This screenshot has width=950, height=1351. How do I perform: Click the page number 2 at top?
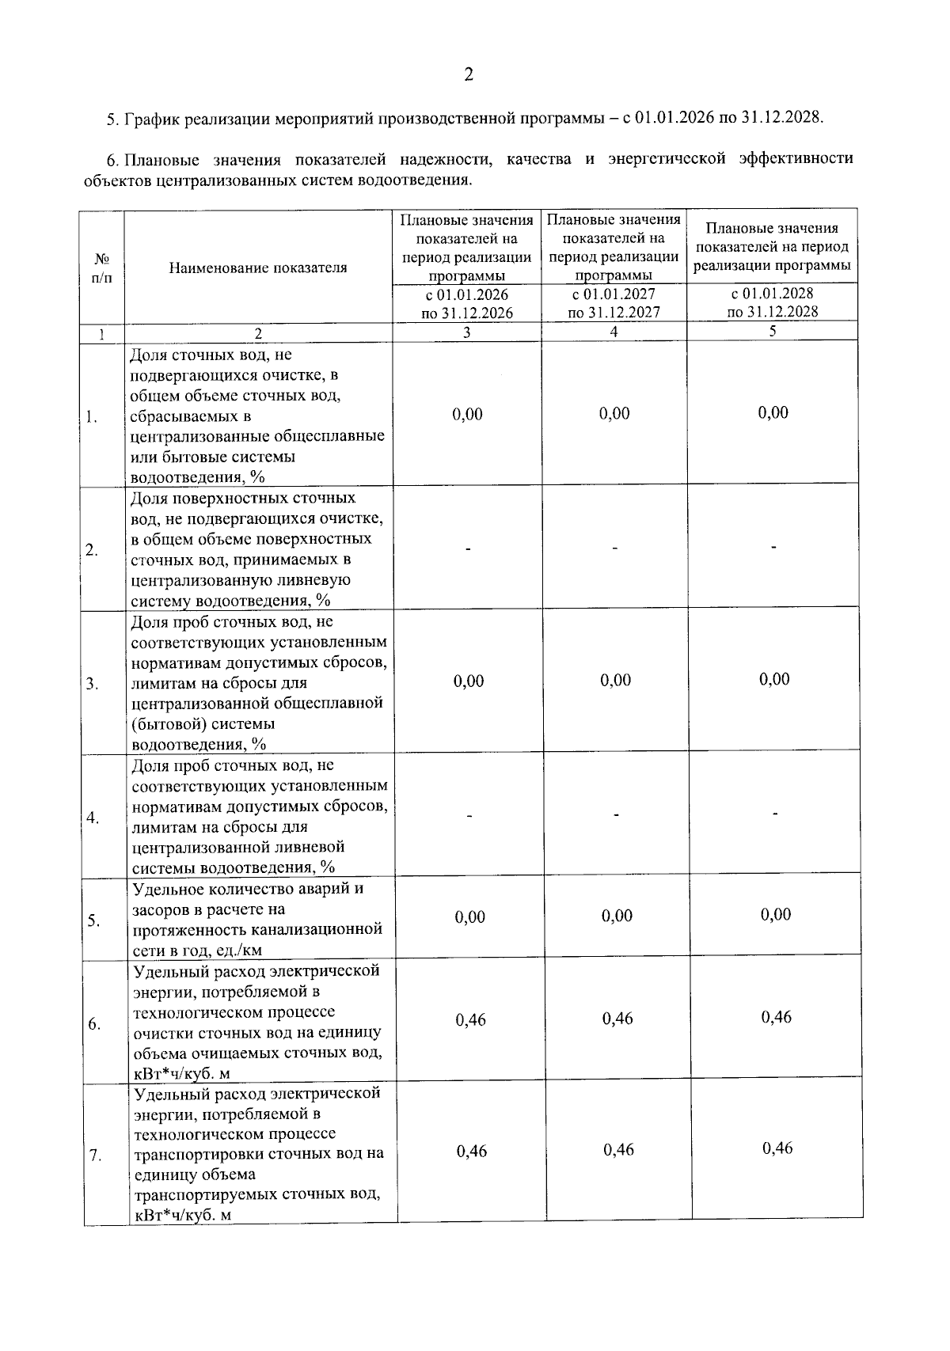(468, 75)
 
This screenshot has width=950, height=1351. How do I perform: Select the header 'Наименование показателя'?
(258, 268)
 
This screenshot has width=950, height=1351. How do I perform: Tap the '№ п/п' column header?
(102, 268)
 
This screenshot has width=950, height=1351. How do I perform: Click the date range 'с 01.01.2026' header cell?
(467, 295)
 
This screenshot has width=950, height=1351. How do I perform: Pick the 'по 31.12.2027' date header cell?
(614, 313)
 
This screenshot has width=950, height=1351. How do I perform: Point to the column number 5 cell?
(773, 331)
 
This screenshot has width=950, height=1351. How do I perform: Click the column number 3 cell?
(467, 332)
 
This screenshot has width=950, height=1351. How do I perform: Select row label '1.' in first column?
(92, 417)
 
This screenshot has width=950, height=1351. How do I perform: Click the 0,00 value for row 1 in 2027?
(614, 413)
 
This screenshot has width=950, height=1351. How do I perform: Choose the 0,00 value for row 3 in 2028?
(774, 679)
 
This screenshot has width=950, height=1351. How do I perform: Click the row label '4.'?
(93, 818)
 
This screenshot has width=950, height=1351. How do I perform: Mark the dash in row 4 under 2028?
(775, 813)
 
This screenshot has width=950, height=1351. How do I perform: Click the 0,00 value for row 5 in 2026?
(470, 916)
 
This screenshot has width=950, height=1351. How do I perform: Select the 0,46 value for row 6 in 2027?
(617, 1019)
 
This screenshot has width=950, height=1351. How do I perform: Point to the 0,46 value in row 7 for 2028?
(777, 1148)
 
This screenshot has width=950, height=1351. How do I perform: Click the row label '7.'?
(95, 1156)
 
